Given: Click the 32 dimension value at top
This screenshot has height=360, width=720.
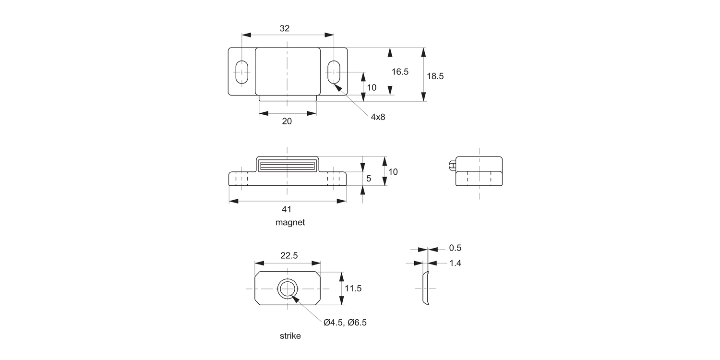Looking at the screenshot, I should [x=285, y=28].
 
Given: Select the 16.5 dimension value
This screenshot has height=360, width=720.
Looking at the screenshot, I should [x=400, y=72].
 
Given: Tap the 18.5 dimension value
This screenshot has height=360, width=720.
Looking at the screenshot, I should [x=435, y=76].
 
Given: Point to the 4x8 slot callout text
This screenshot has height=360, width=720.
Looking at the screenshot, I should [x=378, y=117].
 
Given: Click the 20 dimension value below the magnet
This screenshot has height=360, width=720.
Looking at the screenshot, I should [x=287, y=121].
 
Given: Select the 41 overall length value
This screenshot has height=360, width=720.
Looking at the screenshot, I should [x=287, y=209].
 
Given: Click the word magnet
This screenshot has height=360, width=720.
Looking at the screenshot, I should [x=290, y=223].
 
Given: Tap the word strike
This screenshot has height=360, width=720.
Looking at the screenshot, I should [x=290, y=336].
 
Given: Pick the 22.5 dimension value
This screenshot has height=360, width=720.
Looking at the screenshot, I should [x=288, y=256].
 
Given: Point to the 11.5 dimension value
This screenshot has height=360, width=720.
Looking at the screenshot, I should [x=353, y=288].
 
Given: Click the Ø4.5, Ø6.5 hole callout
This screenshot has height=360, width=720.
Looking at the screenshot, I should [x=345, y=323].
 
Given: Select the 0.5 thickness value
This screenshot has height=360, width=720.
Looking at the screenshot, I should [x=455, y=248].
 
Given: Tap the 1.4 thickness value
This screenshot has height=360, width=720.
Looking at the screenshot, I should [x=455, y=263].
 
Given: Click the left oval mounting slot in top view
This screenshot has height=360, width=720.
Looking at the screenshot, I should [x=241, y=72].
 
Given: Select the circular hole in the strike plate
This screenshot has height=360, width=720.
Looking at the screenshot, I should [x=287, y=288].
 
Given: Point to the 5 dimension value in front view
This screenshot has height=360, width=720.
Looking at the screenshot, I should [x=369, y=178].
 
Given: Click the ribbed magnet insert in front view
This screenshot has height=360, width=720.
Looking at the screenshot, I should [x=287, y=167].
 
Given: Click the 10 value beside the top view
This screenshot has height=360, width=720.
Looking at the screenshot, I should [x=372, y=87].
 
